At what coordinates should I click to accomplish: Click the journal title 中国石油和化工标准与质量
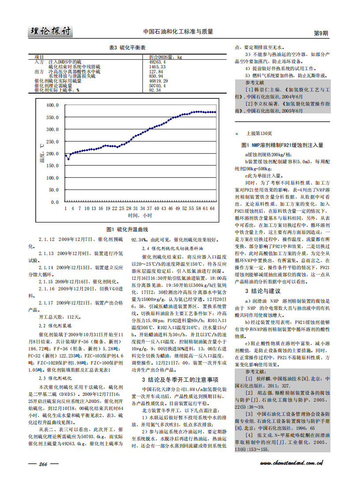click(178, 32)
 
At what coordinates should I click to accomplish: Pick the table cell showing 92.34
click(155, 90)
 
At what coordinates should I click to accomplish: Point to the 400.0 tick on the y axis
click(52, 105)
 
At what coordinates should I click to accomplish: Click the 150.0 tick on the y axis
click(52, 165)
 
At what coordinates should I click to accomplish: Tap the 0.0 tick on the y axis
click(54, 202)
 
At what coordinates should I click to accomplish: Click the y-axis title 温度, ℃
click(41, 152)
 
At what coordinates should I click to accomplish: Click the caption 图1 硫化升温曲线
click(127, 229)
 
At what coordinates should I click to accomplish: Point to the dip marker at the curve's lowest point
click(68, 158)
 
